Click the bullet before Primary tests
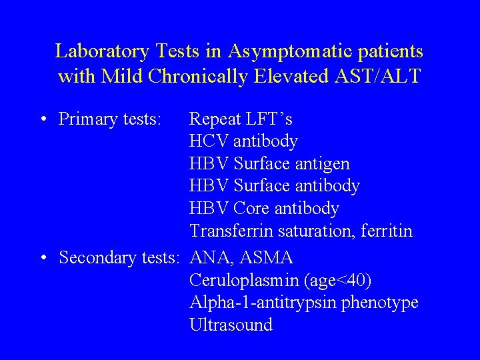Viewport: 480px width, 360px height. [x=42, y=120]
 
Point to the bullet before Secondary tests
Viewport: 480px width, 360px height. [x=42, y=258]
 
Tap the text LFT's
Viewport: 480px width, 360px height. [x=268, y=119]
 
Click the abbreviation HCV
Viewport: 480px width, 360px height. [x=209, y=141]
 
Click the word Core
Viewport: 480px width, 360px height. [x=252, y=209]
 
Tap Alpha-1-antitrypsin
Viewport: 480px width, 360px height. [x=263, y=303]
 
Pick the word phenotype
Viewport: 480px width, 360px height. [x=379, y=303]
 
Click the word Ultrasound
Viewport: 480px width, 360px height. [x=231, y=325]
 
